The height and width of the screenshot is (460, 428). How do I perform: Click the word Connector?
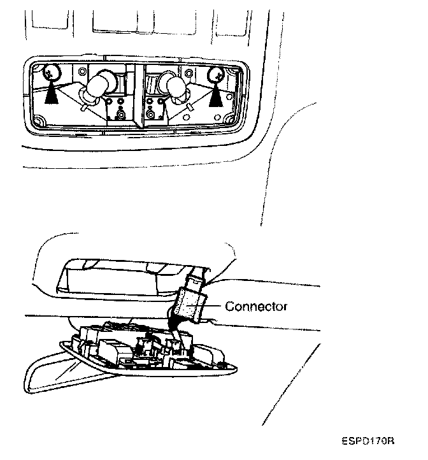(x=256, y=306)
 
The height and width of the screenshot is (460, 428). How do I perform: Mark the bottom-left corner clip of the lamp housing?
(x=39, y=121)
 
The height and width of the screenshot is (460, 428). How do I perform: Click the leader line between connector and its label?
(x=215, y=306)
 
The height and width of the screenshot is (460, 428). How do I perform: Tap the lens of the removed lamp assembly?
(x=70, y=376)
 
